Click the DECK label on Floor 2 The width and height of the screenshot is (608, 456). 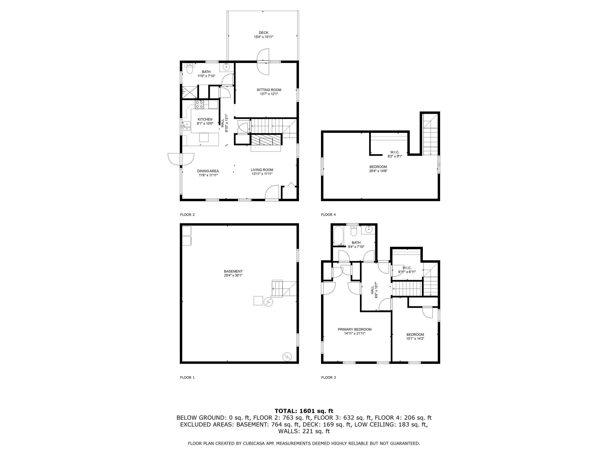point(263,33)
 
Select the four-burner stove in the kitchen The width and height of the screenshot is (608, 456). point(199,104)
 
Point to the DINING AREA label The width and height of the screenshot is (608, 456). point(208,171)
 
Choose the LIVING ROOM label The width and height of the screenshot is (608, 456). point(262,170)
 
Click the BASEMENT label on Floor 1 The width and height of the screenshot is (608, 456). point(233,271)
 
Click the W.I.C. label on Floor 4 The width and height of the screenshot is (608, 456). point(395,152)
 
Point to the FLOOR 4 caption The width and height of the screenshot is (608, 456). point(328,215)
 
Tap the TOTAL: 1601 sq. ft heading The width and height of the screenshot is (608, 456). point(304,411)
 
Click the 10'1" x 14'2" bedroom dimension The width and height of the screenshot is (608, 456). point(415,339)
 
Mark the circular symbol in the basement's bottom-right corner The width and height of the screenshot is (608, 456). point(287,357)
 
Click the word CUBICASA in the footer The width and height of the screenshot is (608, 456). point(255,443)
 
